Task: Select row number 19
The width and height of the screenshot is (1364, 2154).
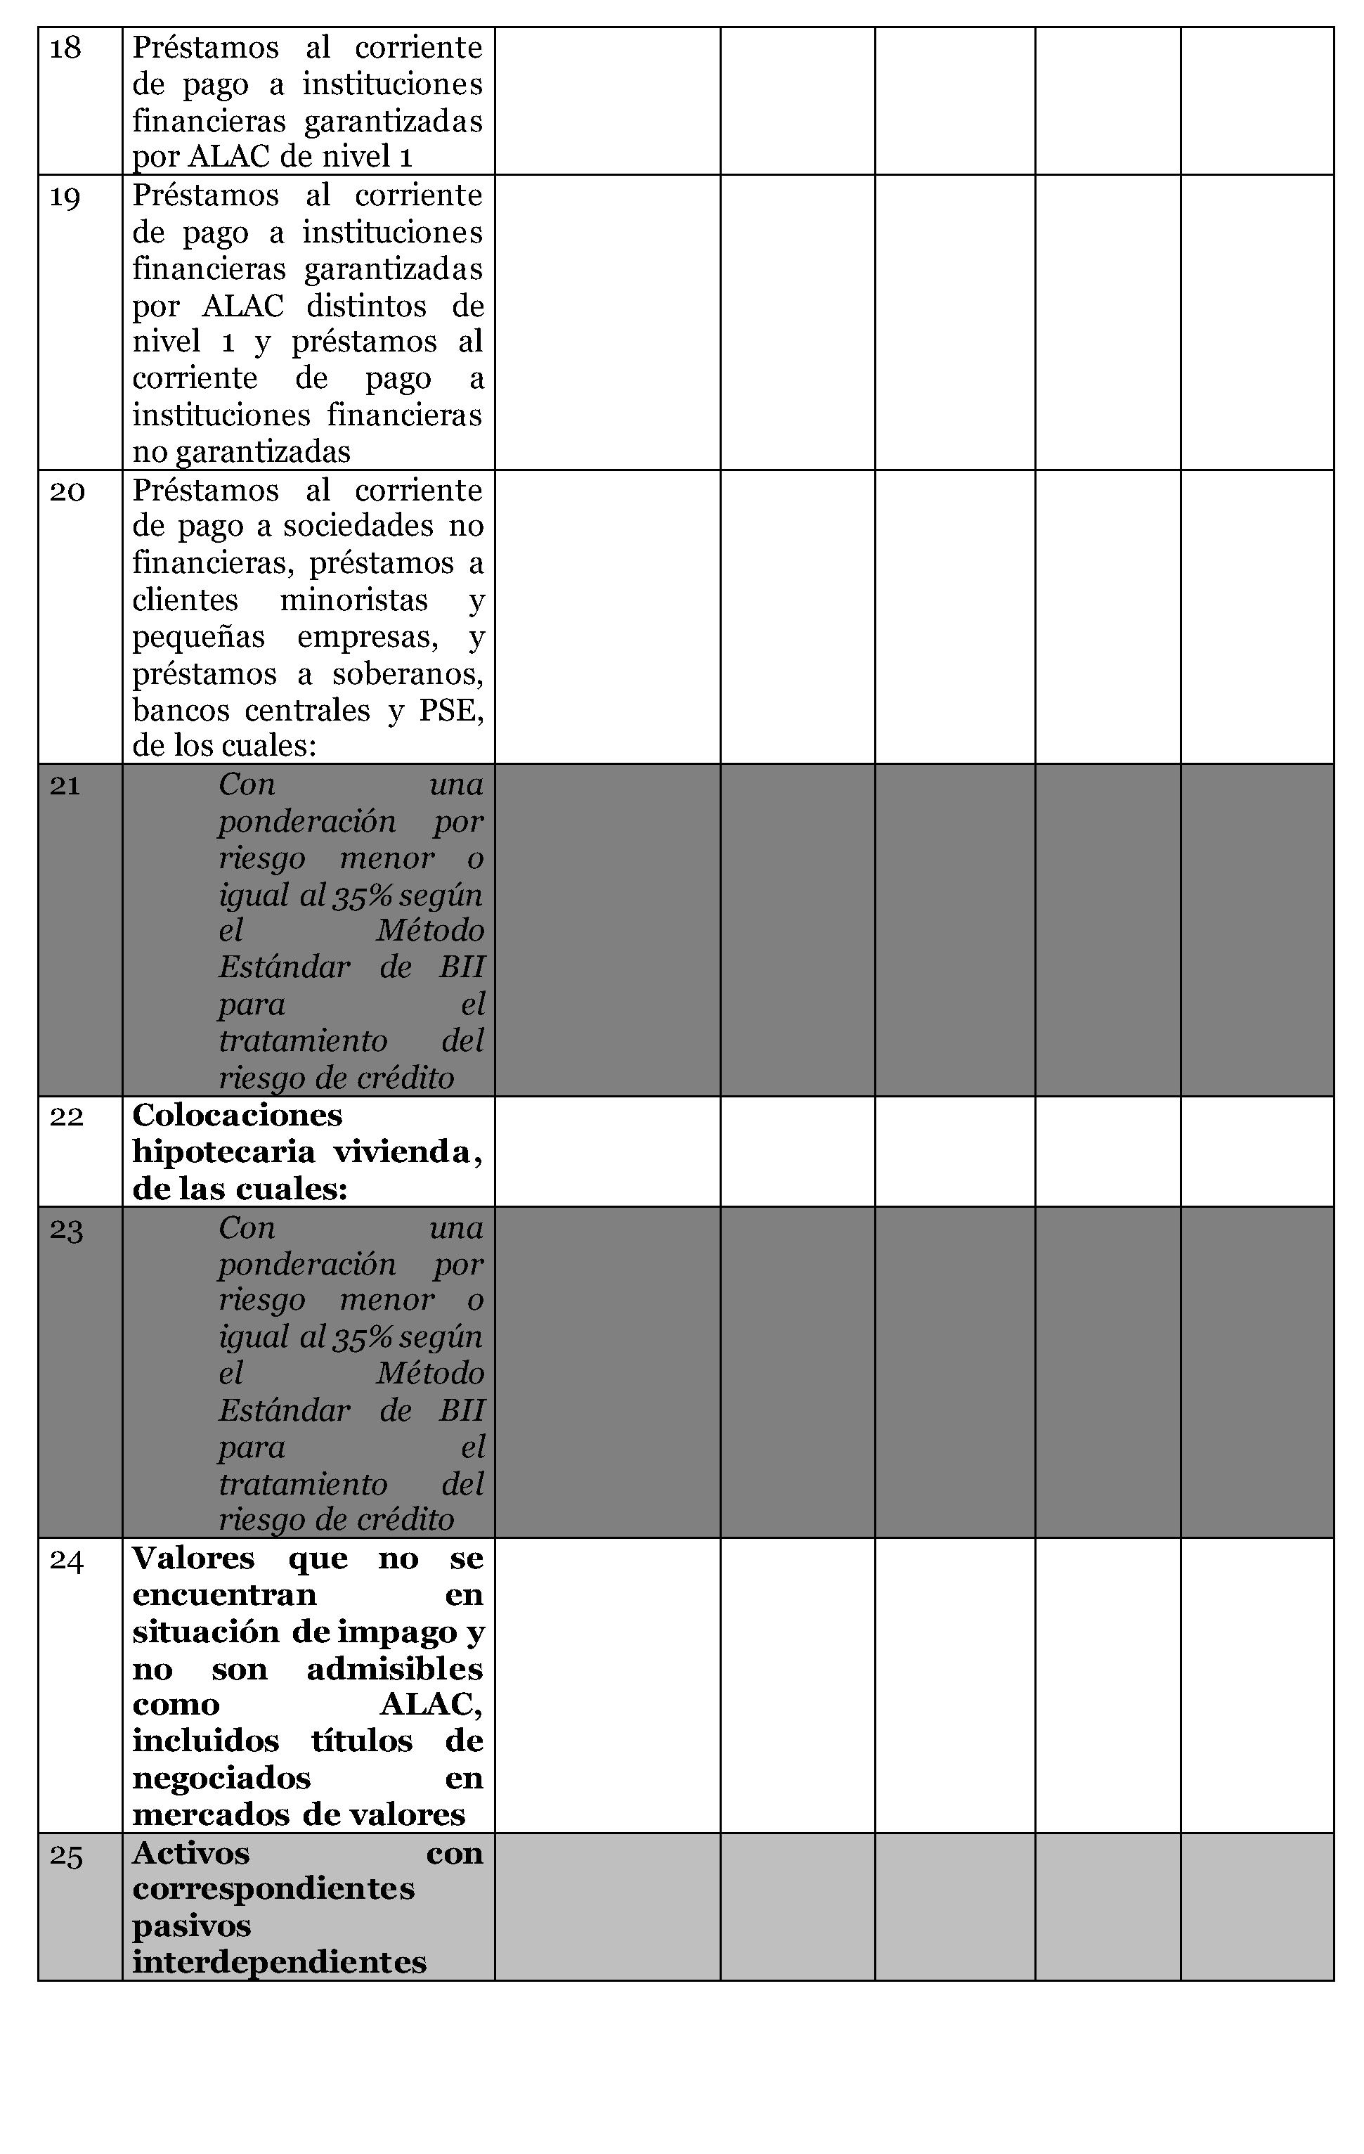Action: [x=65, y=197]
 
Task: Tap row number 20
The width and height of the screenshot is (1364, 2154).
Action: [x=66, y=492]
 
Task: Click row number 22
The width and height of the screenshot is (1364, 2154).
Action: [x=66, y=1116]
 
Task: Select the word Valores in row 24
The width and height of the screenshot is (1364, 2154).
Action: [x=193, y=1559]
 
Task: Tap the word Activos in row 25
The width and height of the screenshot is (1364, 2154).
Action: [x=190, y=1852]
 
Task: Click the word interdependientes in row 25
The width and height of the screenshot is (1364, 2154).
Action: [x=279, y=1961]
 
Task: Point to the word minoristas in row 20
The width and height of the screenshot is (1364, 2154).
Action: [x=353, y=600]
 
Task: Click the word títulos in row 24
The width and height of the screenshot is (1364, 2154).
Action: [x=362, y=1741]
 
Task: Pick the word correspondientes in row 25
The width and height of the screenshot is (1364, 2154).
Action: [x=273, y=1888]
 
